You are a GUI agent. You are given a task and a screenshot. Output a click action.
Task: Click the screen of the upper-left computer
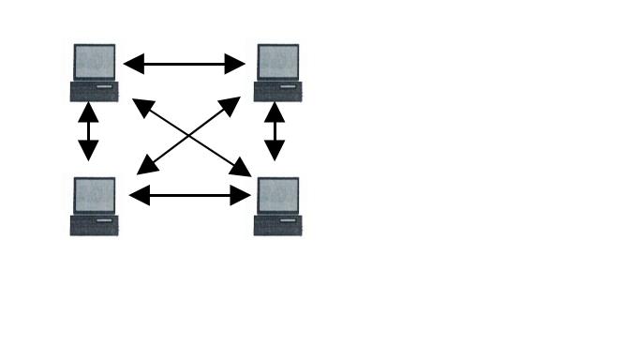[x=95, y=62]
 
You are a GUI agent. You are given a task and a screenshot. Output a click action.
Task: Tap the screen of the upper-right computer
[x=278, y=62]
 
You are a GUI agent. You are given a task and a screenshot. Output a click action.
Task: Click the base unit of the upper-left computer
[x=94, y=92]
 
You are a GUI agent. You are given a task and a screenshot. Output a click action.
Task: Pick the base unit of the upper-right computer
[x=278, y=92]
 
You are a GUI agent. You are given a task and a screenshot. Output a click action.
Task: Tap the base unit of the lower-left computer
[x=94, y=226]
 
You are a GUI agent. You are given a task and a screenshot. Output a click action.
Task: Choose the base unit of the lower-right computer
[x=278, y=226]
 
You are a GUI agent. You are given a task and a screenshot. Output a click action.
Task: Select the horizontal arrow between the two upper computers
[x=185, y=64]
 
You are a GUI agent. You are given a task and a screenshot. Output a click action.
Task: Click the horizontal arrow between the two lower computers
[x=190, y=196]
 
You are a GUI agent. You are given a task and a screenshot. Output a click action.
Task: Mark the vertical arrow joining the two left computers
[x=88, y=131]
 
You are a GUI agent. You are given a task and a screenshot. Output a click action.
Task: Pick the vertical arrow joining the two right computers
[x=275, y=131]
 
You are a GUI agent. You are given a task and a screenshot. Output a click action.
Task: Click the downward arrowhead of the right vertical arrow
[x=275, y=152]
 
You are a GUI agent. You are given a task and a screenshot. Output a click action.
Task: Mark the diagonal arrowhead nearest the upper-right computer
[x=235, y=102]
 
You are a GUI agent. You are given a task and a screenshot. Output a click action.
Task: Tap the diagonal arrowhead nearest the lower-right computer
[x=243, y=170]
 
